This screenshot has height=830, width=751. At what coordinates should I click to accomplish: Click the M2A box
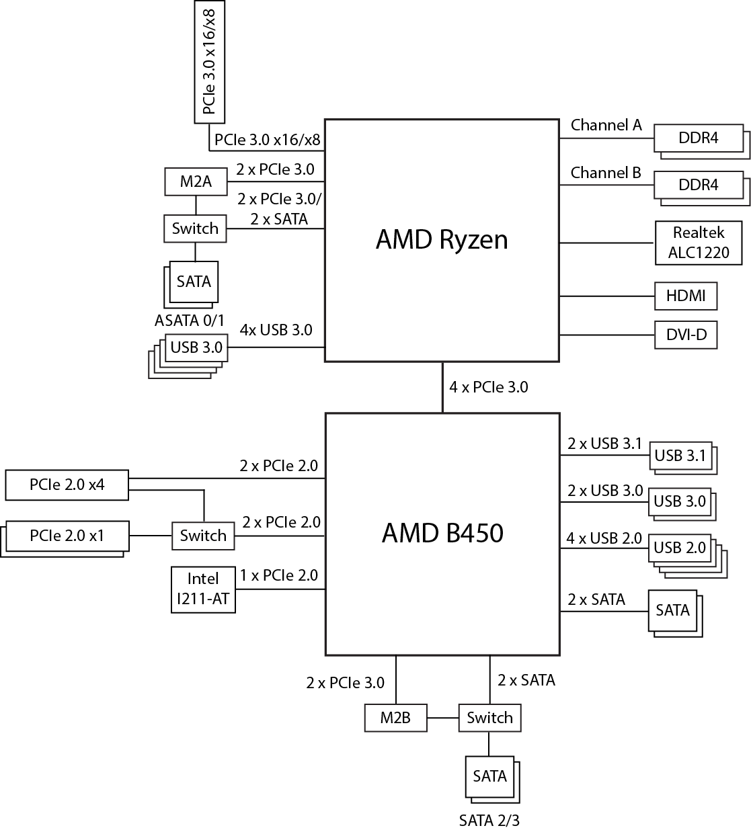coord(196,181)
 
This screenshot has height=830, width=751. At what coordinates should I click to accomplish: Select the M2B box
coord(395,717)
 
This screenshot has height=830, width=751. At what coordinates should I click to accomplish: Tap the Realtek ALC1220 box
coord(699,243)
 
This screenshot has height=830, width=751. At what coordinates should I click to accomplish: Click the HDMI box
coord(686,296)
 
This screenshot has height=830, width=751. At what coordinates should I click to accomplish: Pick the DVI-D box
coord(686,335)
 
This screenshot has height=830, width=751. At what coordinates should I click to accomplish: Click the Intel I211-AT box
coord(203,590)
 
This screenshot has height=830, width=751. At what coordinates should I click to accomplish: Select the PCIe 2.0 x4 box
coord(67,485)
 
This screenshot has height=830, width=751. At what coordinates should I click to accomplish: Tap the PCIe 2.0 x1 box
coord(66,536)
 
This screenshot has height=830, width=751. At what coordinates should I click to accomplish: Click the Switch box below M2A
coord(195,229)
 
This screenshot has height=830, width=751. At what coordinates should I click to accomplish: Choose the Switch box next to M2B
coord(489,717)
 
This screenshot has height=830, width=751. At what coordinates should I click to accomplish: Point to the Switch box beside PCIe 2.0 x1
coord(203,536)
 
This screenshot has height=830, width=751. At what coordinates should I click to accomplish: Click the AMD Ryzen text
coord(442,240)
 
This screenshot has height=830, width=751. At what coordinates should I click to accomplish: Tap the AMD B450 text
coord(442,534)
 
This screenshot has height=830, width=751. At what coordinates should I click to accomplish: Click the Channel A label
coord(606,125)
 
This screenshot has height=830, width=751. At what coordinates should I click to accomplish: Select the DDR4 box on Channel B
coord(699,185)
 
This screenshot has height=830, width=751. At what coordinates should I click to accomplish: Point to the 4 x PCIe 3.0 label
coord(489,387)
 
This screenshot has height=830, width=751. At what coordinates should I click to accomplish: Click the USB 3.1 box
coord(680,456)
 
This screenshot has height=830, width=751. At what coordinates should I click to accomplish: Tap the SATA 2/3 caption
coord(489,821)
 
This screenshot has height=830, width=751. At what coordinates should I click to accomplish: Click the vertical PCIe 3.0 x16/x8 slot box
coord(209,62)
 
